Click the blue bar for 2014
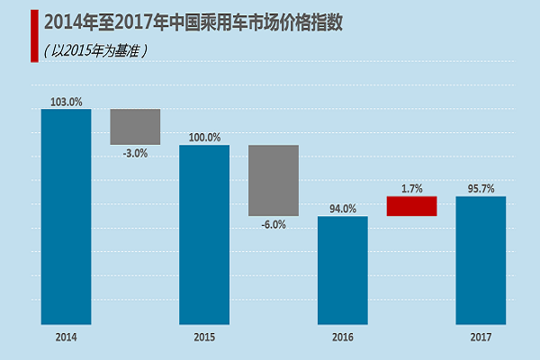tap(66, 216)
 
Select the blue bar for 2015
tap(204, 234)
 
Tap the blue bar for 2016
tap(343, 270)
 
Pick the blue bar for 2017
tap(481, 260)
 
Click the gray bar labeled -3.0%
tap(135, 127)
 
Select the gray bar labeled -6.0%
tap(274, 180)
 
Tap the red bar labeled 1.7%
tap(411, 206)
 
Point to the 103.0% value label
tap(66, 102)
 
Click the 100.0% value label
tap(204, 138)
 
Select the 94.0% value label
tap(343, 209)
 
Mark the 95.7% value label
tap(481, 189)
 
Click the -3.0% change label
tap(135, 153)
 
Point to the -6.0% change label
tap(274, 225)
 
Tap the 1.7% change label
tap(411, 189)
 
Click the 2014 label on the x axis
tap(66, 337)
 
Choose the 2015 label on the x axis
tap(204, 337)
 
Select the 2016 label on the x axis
tap(343, 337)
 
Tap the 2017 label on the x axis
tap(481, 337)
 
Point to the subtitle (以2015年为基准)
tap(94, 50)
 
